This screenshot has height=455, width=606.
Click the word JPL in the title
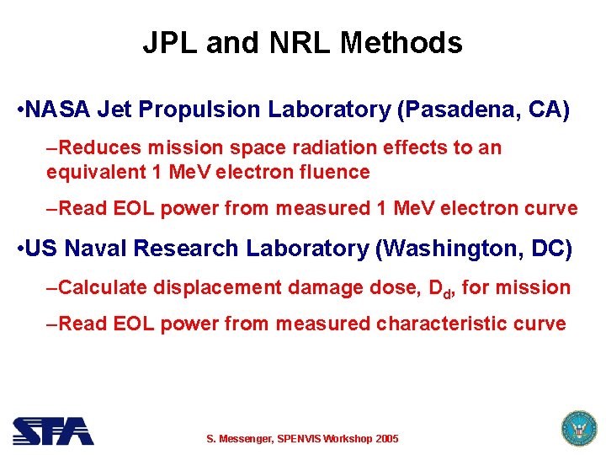pyautogui.click(x=170, y=42)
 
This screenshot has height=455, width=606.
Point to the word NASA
pyautogui.click(x=59, y=110)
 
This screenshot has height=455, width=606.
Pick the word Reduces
pyautogui.click(x=101, y=148)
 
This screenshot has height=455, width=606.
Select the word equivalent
pyautogui.click(x=95, y=173)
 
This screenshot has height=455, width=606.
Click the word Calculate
pyautogui.click(x=104, y=288)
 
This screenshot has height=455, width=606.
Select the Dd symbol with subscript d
pyautogui.click(x=441, y=290)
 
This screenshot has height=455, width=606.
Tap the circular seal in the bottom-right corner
pyautogui.click(x=577, y=429)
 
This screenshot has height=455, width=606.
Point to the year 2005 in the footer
pyautogui.click(x=386, y=439)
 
